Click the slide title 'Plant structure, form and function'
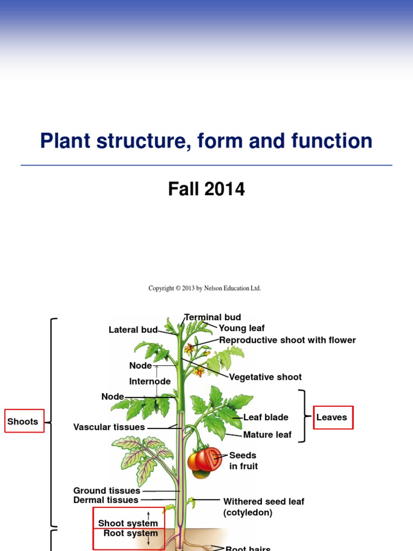tap(206, 141)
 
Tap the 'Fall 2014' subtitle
tap(206, 189)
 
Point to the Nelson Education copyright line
tap(204, 288)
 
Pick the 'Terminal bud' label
tap(212, 317)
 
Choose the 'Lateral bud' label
tap(133, 330)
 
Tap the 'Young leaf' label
tap(241, 328)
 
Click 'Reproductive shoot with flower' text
tap(287, 340)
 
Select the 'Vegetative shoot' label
tap(265, 377)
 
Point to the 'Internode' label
tap(149, 382)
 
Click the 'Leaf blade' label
tap(266, 417)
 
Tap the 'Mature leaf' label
tap(267, 435)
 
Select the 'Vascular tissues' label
tap(109, 427)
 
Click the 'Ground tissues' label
tap(106, 491)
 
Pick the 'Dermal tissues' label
tap(106, 500)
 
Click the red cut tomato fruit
tap(208, 459)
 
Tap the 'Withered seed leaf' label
tap(264, 501)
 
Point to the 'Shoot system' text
tap(128, 523)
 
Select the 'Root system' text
tap(131, 533)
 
